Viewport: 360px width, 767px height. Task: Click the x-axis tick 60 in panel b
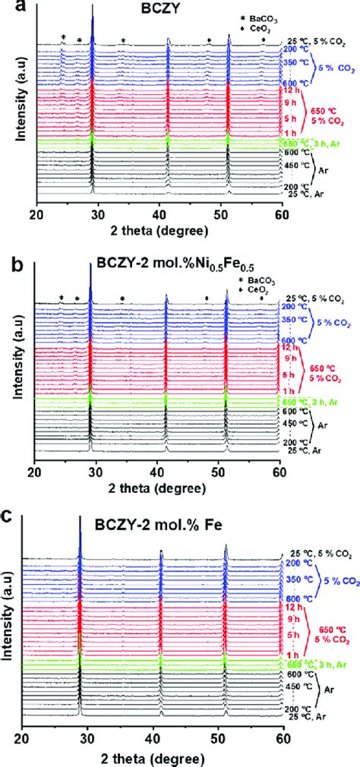coord(279,469)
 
